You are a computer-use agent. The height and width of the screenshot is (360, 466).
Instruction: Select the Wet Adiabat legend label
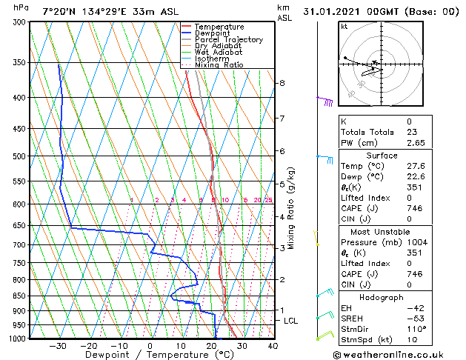click(x=219, y=52)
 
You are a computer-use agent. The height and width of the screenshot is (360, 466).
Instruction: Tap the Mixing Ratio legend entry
click(x=219, y=64)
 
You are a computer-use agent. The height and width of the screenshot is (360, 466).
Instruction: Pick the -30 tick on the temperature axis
click(x=57, y=345)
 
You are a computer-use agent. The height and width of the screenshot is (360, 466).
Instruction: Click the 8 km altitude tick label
click(x=282, y=83)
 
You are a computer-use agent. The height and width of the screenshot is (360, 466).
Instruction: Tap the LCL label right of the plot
click(x=291, y=321)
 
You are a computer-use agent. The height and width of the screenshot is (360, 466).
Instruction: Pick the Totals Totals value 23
click(x=408, y=132)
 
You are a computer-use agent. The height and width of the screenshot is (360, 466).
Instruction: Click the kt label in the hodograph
click(x=344, y=26)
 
